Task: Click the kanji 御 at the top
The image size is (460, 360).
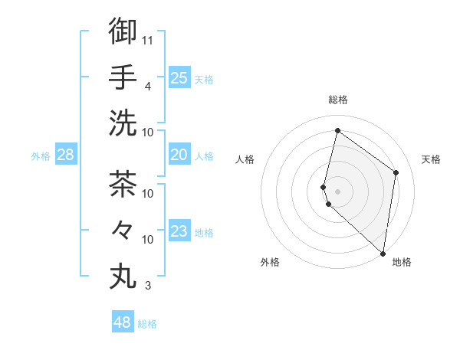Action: [x=123, y=31]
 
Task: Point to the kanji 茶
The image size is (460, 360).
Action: [x=123, y=184]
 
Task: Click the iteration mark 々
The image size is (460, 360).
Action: [x=123, y=229]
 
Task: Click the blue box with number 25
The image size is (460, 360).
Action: [x=179, y=77]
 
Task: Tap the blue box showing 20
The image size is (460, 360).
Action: [x=179, y=155]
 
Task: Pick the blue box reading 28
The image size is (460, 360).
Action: [x=66, y=155]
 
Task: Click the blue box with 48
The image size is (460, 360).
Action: [x=122, y=322]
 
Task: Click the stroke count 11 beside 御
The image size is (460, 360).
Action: [x=149, y=40]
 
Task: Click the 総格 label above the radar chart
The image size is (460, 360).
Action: [x=337, y=100]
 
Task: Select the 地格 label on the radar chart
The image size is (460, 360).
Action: [x=402, y=262]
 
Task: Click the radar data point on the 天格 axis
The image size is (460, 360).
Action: [x=396, y=172]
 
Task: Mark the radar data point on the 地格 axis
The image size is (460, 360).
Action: [x=383, y=254]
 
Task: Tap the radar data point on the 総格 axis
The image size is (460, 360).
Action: [x=337, y=131]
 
